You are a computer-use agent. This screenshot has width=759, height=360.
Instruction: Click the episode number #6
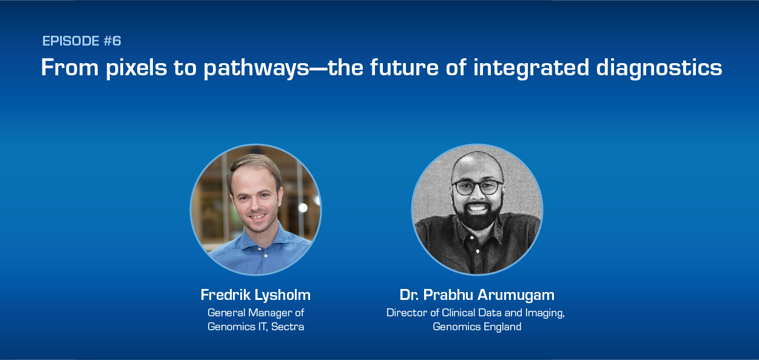point(112,41)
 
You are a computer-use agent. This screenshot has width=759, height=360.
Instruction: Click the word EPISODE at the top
point(70,41)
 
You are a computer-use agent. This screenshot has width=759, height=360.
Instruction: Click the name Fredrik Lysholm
point(255,295)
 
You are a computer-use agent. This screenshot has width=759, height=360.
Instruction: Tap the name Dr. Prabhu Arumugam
point(477,295)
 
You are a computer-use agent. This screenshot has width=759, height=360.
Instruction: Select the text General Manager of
point(255,313)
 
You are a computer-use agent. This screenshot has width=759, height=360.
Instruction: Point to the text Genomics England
point(477,327)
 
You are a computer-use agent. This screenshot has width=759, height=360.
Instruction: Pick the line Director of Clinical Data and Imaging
point(476,313)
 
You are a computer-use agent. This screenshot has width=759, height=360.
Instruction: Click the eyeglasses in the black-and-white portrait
point(477,187)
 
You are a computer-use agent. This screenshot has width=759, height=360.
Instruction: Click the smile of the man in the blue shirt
point(257,216)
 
